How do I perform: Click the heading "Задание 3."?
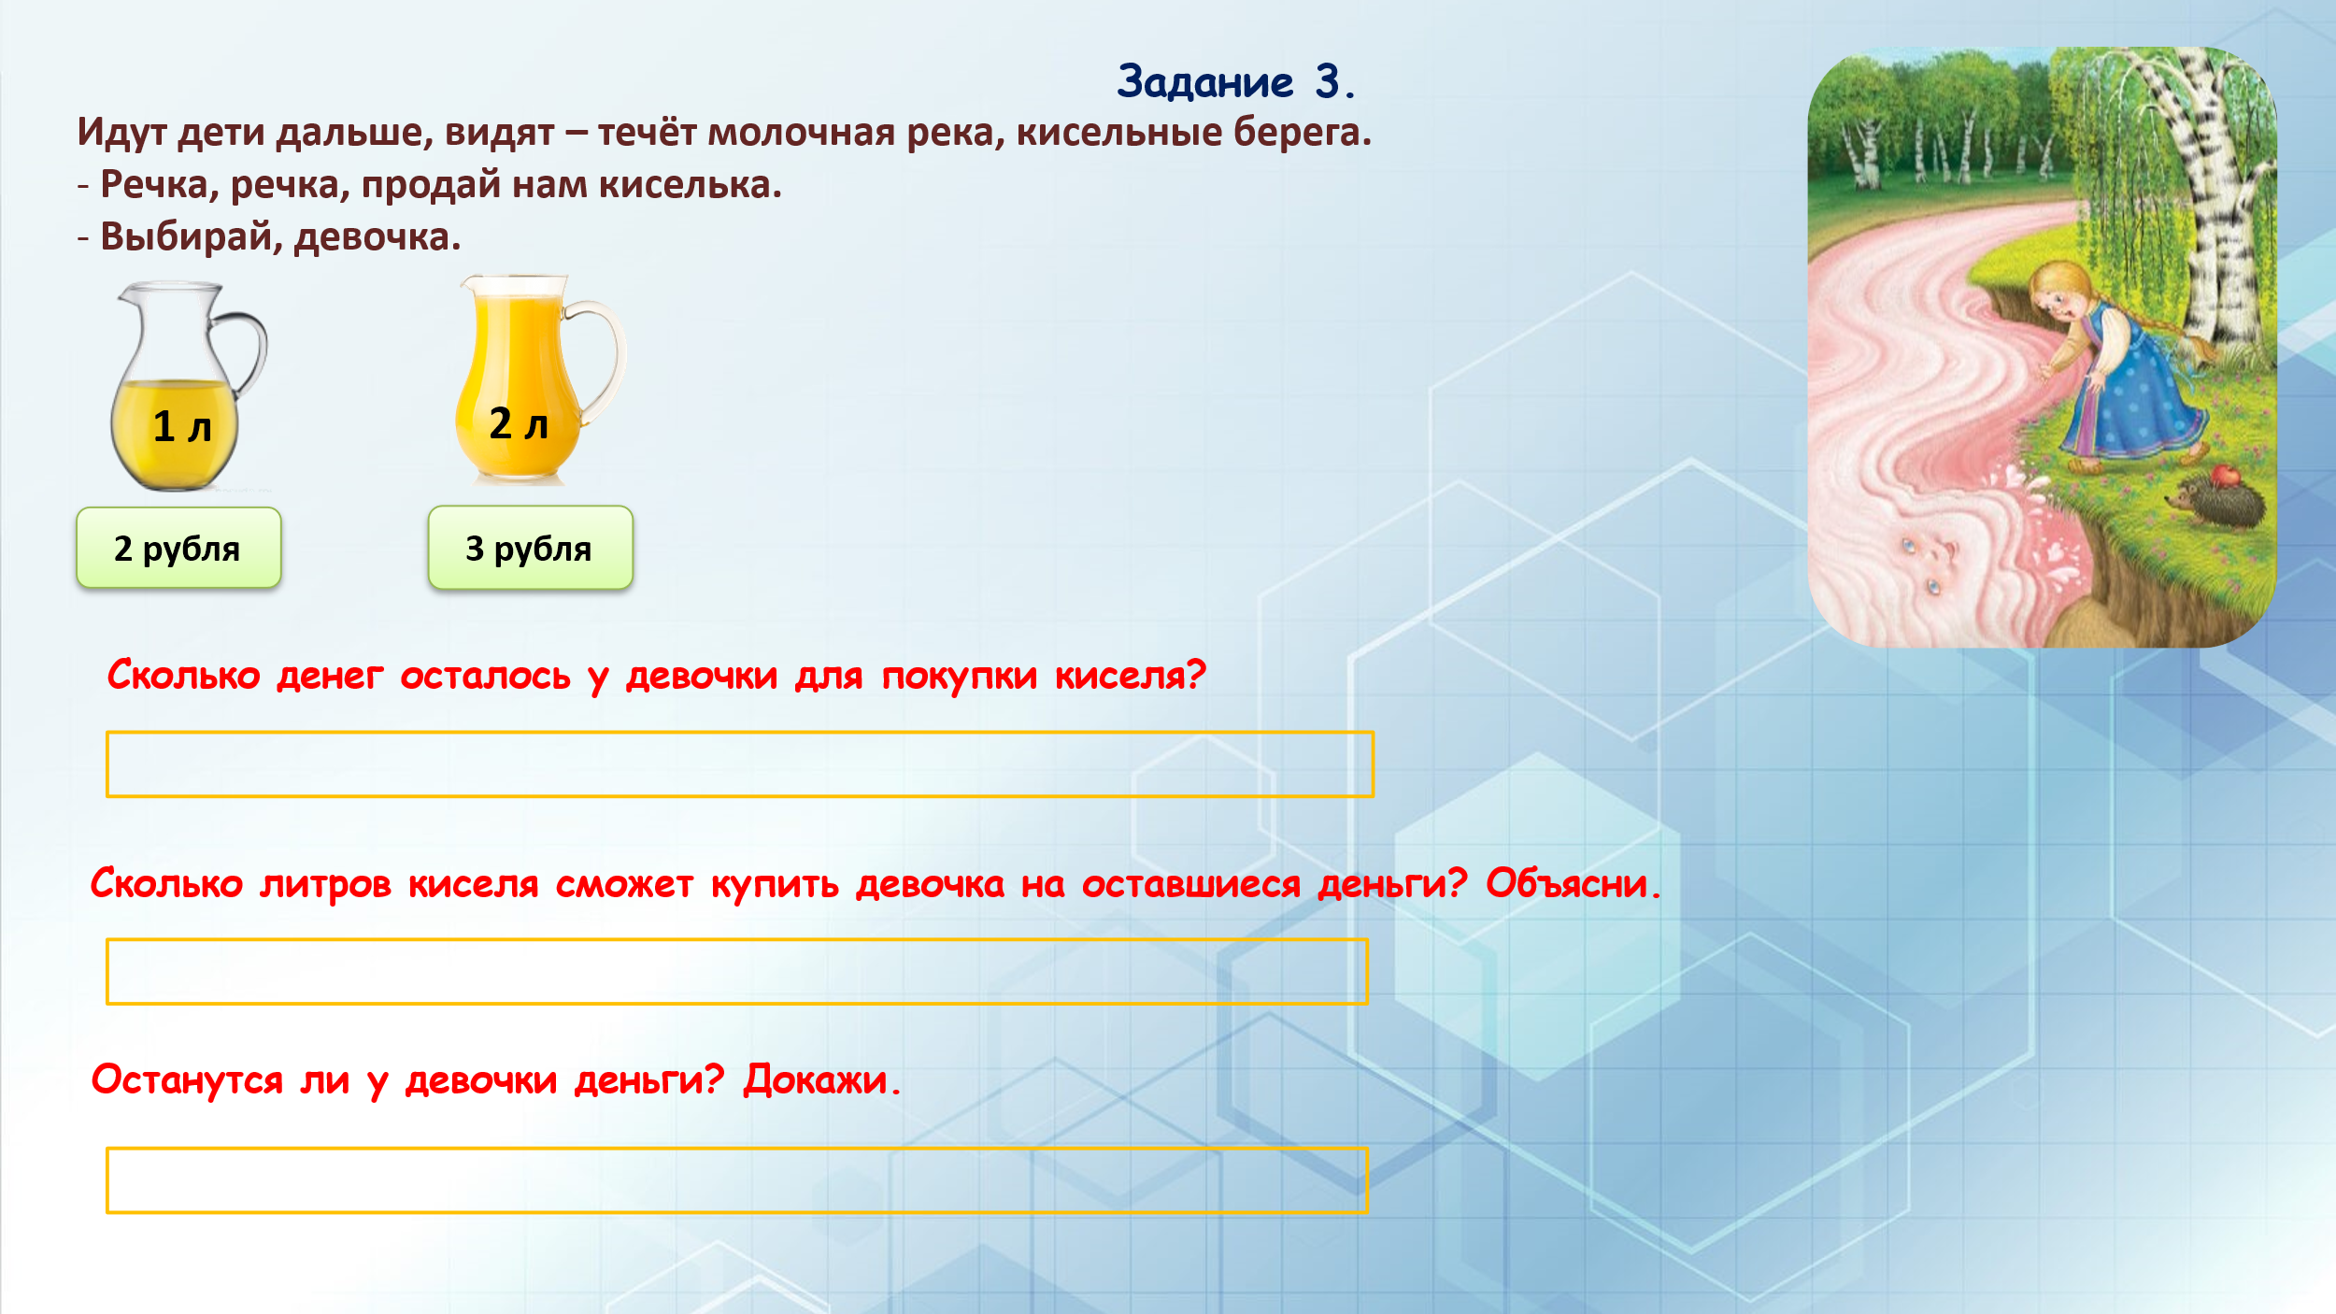coord(1235,82)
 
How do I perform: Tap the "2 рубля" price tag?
coord(178,548)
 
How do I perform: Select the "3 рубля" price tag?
coord(530,548)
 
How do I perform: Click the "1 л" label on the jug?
coord(182,427)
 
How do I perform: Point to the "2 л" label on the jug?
coord(519,424)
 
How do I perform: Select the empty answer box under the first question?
coord(740,764)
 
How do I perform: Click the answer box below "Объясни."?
coord(737,972)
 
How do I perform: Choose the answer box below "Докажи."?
coord(737,1180)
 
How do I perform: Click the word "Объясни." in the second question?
coord(1574,883)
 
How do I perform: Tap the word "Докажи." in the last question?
coord(822,1079)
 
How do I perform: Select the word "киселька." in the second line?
coord(691,185)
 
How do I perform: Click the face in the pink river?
coord(1930,561)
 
